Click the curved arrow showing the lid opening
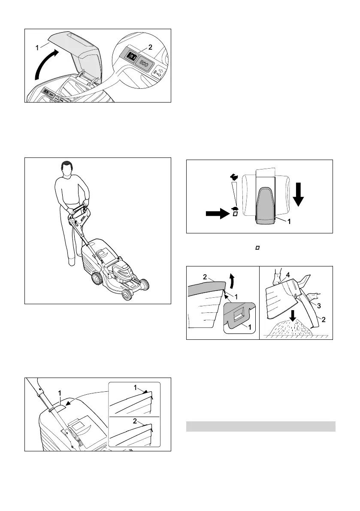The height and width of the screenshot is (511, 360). point(45,65)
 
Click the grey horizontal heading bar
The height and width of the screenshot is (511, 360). point(260,426)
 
